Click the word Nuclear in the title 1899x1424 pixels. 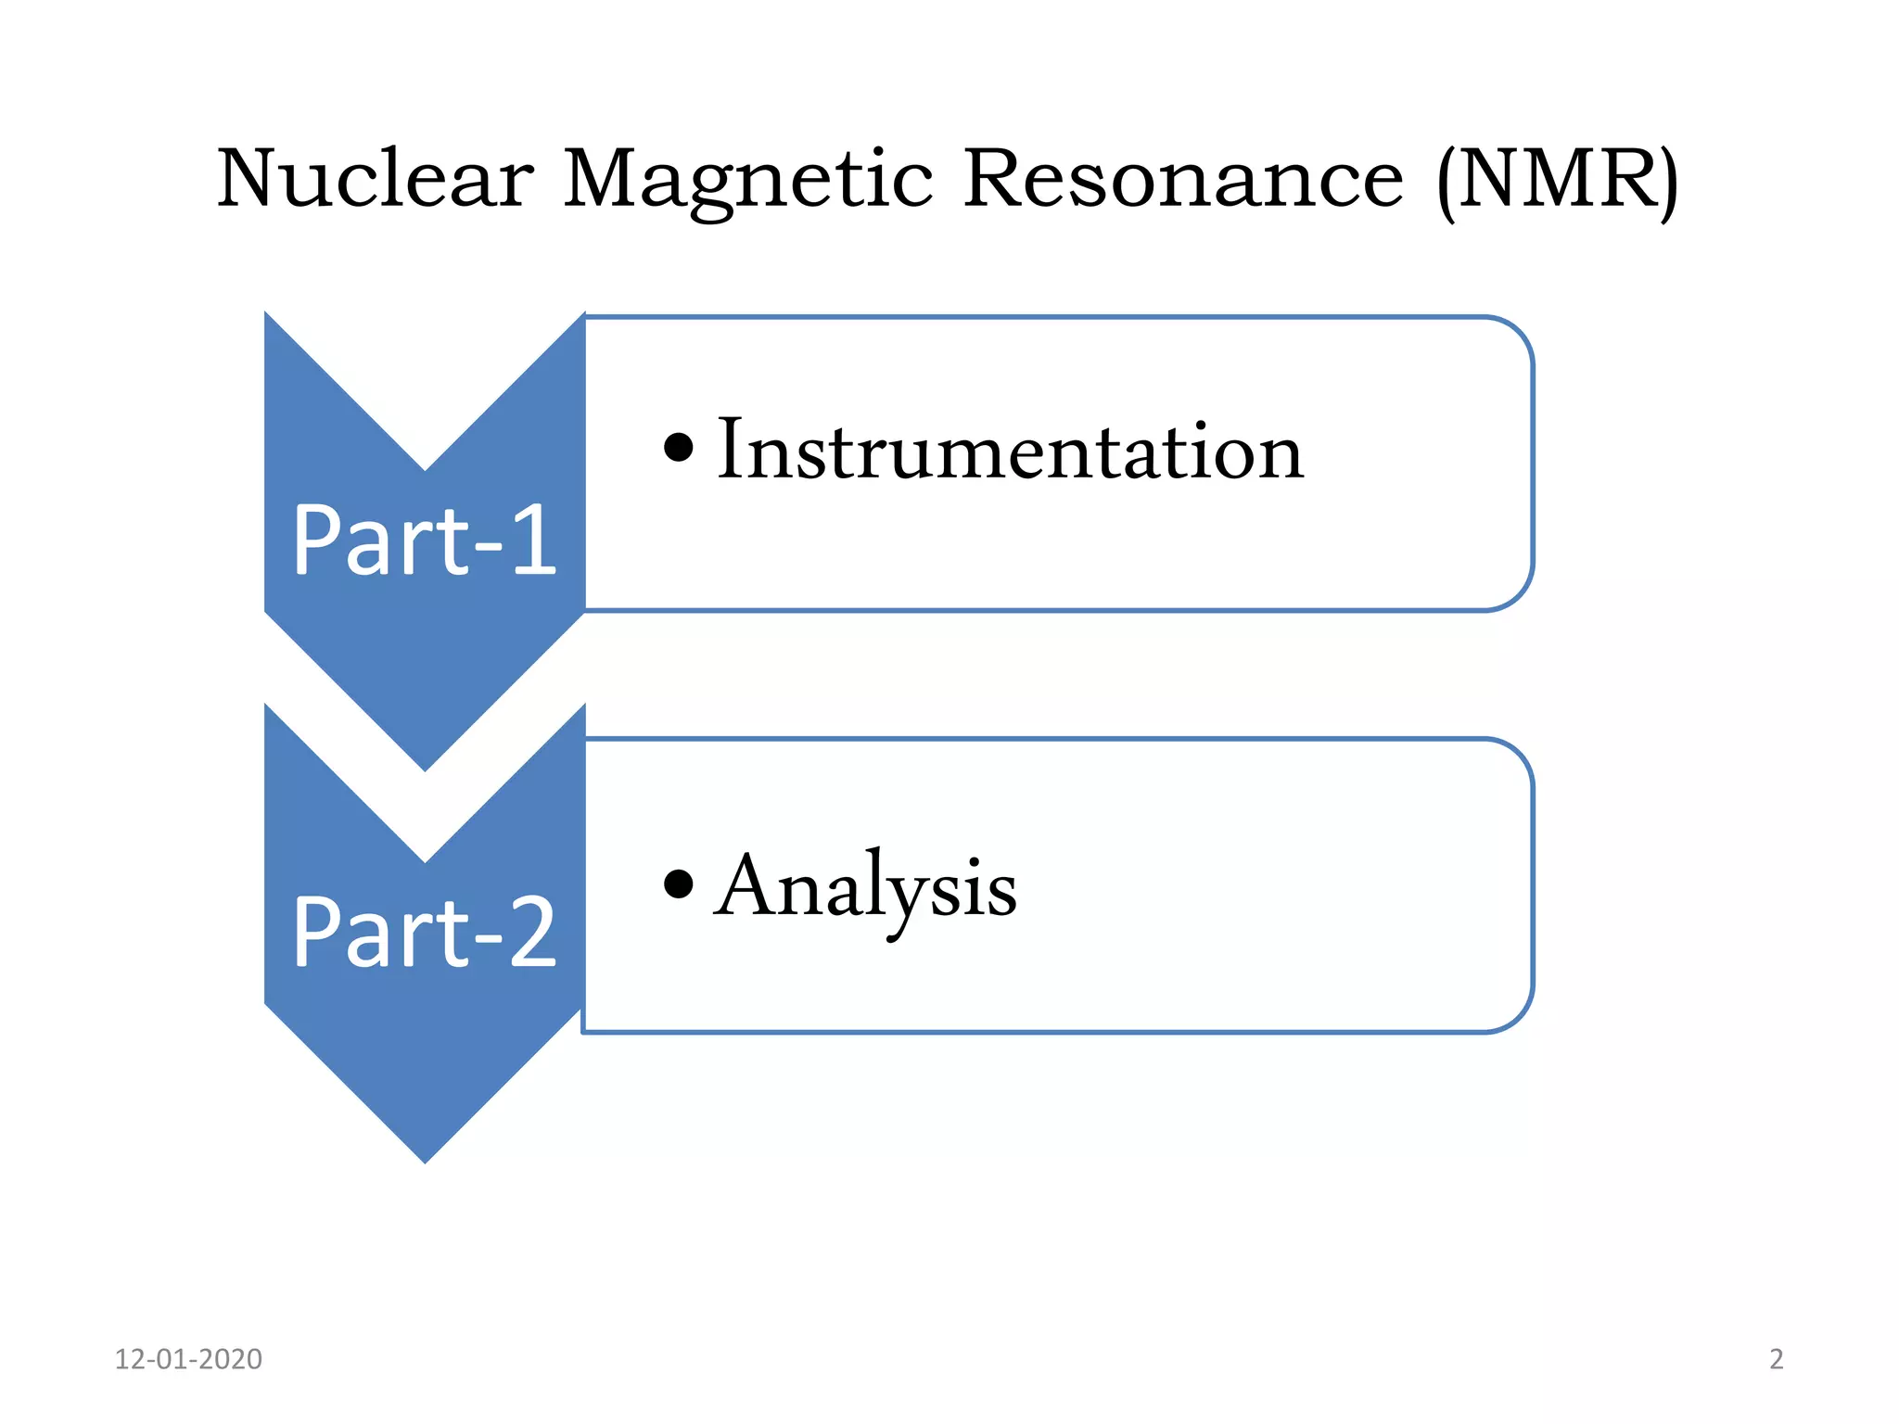[x=375, y=178]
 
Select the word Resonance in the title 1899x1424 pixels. [x=1183, y=178]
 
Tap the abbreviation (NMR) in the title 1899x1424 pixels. [x=1558, y=180]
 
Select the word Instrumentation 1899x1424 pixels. [x=1011, y=451]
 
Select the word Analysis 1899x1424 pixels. [x=866, y=888]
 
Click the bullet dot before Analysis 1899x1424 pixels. [x=679, y=884]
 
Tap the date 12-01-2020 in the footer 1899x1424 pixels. [x=188, y=1359]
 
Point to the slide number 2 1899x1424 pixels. [x=1776, y=1359]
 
